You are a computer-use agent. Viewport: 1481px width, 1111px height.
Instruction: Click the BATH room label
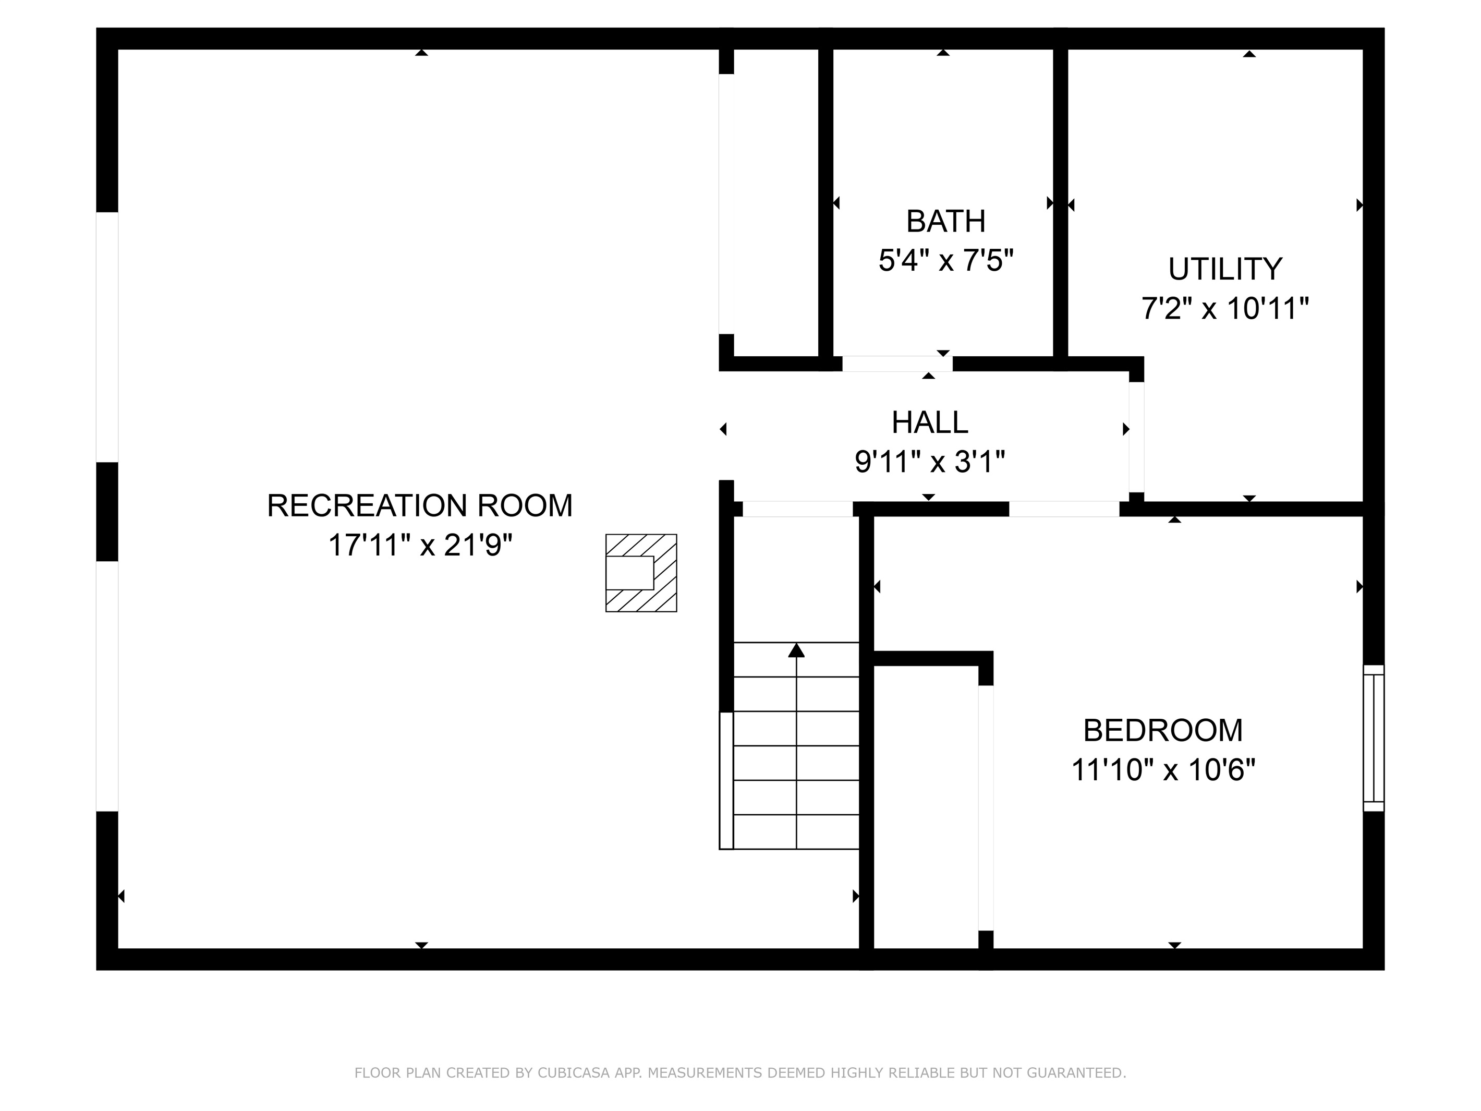tap(945, 222)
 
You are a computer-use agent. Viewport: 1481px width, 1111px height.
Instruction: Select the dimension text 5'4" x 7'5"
tap(945, 260)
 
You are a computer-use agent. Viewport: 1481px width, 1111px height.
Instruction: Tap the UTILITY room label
tap(1224, 269)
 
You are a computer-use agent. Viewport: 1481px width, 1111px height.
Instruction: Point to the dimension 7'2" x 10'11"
tap(1224, 309)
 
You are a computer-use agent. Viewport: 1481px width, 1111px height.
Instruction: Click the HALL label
tap(929, 422)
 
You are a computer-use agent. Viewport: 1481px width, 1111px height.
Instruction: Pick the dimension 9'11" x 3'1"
tap(929, 462)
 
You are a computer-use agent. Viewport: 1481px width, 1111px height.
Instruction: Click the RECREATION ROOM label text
tap(420, 505)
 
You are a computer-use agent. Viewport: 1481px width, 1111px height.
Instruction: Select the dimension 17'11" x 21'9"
tap(420, 545)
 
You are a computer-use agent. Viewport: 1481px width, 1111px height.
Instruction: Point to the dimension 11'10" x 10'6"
tap(1162, 770)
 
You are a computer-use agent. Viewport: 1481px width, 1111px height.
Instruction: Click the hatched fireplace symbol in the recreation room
tap(641, 573)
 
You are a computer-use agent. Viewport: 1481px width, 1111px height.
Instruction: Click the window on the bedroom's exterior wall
tap(1373, 738)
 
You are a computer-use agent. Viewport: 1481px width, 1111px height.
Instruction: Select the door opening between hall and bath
tap(896, 364)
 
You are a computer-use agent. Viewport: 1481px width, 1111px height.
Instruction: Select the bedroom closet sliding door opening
tap(986, 807)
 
